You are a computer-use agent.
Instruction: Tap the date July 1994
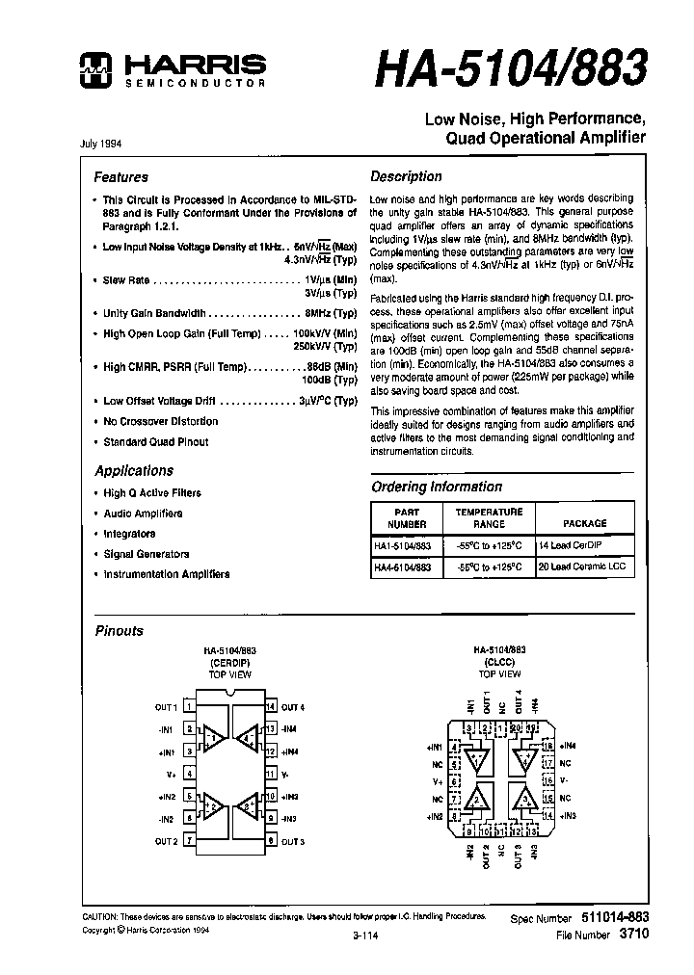100,143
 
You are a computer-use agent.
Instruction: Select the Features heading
120,177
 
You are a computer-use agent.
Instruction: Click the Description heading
406,177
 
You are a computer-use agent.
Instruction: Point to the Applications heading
134,471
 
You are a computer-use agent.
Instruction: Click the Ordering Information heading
437,487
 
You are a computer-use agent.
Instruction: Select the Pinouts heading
119,631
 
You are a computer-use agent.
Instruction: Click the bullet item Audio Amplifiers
143,514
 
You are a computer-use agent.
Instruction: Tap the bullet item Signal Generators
147,554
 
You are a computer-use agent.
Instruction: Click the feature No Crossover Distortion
160,421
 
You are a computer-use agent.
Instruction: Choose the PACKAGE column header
585,523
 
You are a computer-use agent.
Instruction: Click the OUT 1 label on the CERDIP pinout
166,708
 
